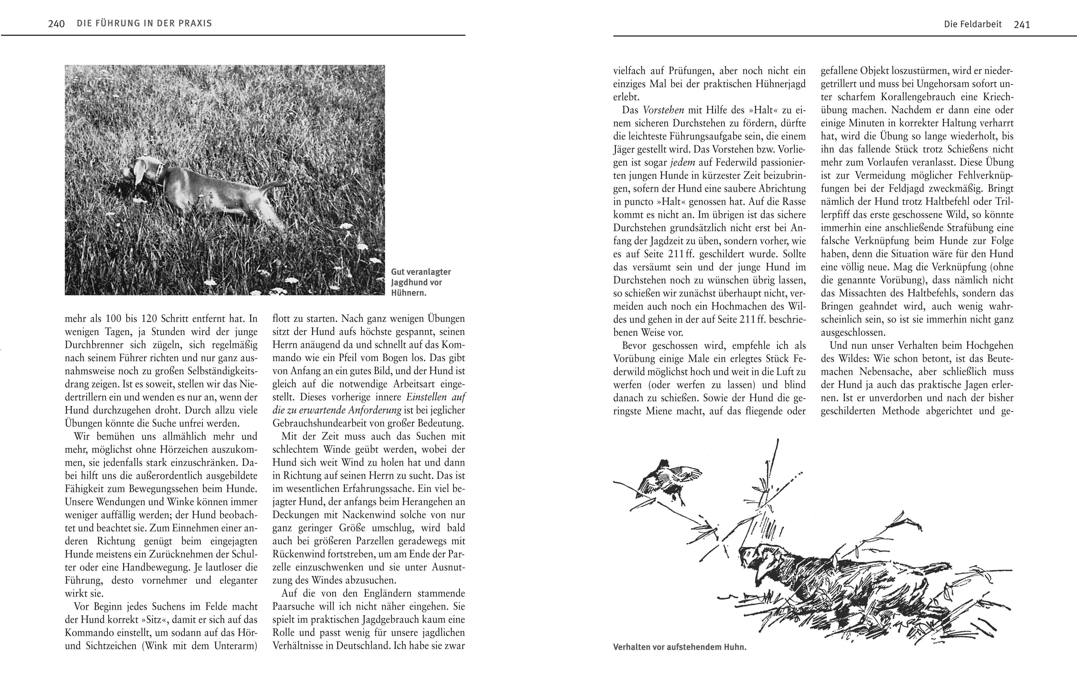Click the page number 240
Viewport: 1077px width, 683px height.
click(56, 24)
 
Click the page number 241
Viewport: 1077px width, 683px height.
click(1022, 25)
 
